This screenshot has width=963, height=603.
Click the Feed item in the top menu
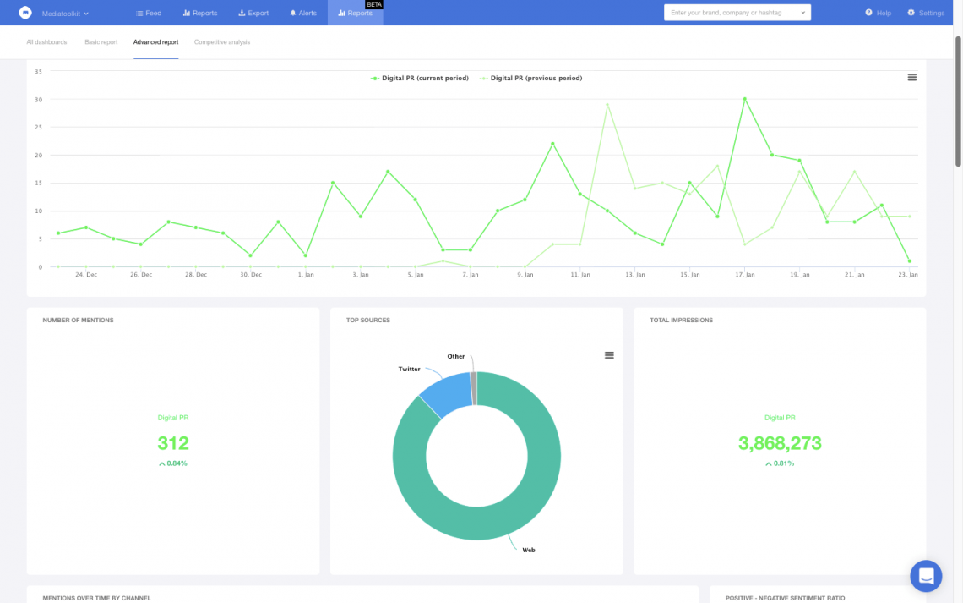coord(149,13)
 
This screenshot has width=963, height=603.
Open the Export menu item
coord(253,13)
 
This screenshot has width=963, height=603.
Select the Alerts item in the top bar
coord(302,13)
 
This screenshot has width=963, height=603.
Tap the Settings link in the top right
coord(926,13)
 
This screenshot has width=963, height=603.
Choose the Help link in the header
coord(879,13)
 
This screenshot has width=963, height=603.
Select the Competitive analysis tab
coord(222,41)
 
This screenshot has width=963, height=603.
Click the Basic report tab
coord(101,41)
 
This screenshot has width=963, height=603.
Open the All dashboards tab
coord(46,41)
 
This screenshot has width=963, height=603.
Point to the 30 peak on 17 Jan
coord(744,99)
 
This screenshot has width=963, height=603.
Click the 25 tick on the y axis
coord(39,127)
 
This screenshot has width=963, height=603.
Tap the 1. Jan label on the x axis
coord(306,275)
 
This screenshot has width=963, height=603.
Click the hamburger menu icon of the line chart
coord(912,77)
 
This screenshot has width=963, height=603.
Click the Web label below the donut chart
coord(529,550)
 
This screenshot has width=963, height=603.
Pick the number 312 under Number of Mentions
coord(173,443)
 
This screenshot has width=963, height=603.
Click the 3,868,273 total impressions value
coord(780,443)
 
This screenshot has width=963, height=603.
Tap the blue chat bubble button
coord(926,576)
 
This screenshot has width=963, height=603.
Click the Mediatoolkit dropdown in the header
coord(65,14)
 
